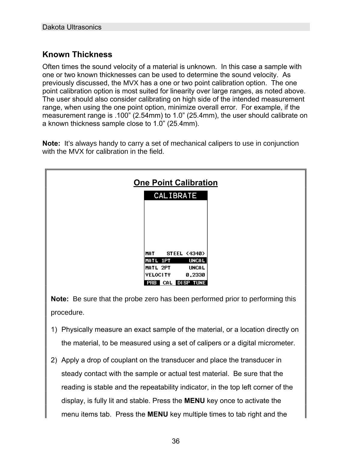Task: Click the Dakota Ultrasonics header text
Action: pyautogui.click(x=72, y=27)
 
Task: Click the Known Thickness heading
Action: pyautogui.click(x=77, y=55)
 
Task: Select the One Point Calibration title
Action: pyautogui.click(x=175, y=183)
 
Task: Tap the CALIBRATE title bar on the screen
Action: pyautogui.click(x=175, y=196)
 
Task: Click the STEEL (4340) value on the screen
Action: pyautogui.click(x=186, y=254)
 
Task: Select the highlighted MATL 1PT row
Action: pyautogui.click(x=175, y=261)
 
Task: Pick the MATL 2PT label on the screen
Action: pyautogui.click(x=158, y=268)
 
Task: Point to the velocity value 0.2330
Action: pyautogui.click(x=195, y=275)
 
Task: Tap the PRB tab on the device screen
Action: pyautogui.click(x=152, y=283)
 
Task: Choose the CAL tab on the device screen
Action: pyautogui.click(x=167, y=283)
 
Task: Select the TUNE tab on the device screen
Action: pyautogui.click(x=199, y=283)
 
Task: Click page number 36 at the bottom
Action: pyautogui.click(x=176, y=441)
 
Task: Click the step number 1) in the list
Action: pyautogui.click(x=54, y=330)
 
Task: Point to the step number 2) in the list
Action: pyautogui.click(x=54, y=360)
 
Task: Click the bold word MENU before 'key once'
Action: pyautogui.click(x=194, y=401)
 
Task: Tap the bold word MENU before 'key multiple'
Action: pyautogui.click(x=157, y=414)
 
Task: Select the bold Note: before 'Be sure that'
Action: pyautogui.click(x=60, y=299)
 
